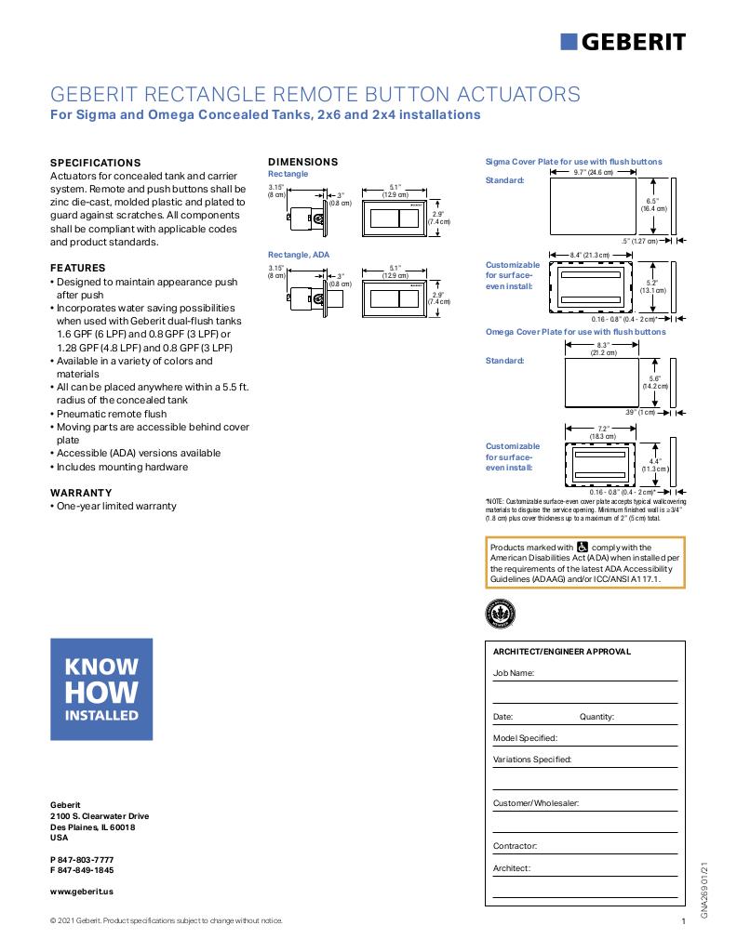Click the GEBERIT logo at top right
click(x=623, y=41)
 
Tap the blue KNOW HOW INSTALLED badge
click(x=101, y=689)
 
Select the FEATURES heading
click(x=77, y=268)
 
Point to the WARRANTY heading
click(x=80, y=493)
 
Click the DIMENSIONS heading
click(x=302, y=162)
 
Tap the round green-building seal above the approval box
click(x=500, y=613)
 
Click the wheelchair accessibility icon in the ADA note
click(x=583, y=548)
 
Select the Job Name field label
click(x=514, y=672)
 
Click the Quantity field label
click(x=596, y=717)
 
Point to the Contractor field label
click(x=516, y=846)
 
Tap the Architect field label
click(x=512, y=868)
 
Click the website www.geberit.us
click(x=82, y=891)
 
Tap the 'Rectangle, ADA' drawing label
click(x=299, y=254)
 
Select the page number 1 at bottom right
click(x=683, y=921)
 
